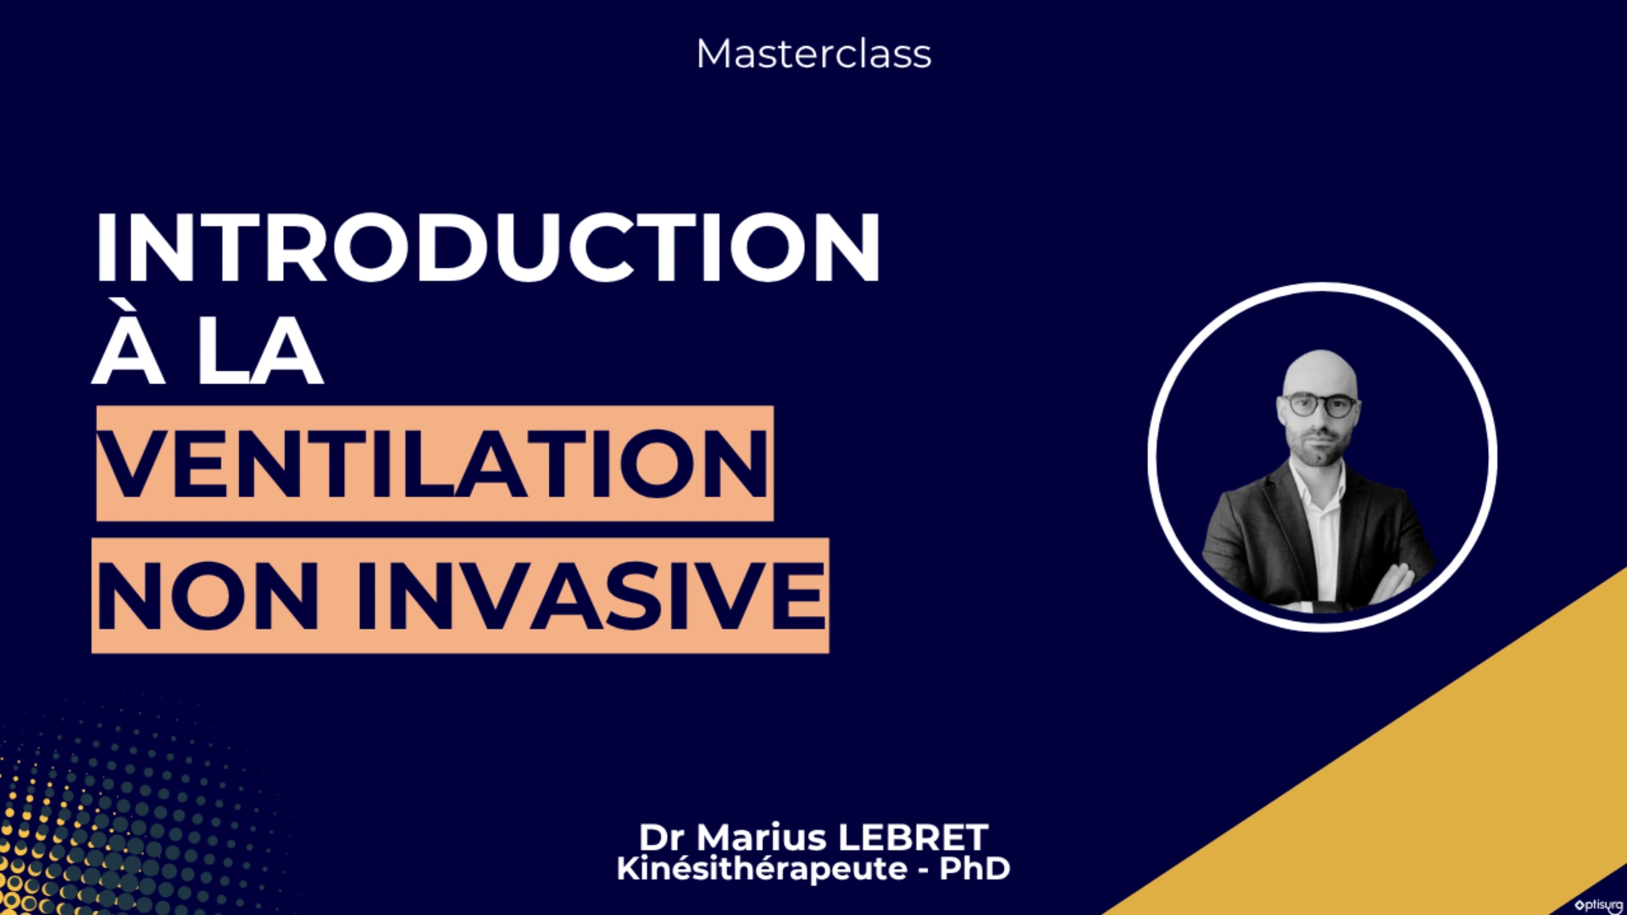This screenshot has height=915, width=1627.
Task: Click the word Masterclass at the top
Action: [x=813, y=53]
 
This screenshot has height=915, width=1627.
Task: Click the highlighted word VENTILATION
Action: [x=433, y=463]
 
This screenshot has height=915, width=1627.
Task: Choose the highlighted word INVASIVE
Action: [x=591, y=596]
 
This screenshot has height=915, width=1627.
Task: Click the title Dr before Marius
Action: [x=661, y=837]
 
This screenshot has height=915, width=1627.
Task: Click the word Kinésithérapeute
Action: [x=762, y=869]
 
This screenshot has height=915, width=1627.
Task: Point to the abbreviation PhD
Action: [x=975, y=868]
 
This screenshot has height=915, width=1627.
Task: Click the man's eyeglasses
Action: [x=1320, y=405]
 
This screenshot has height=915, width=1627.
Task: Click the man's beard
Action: [x=1319, y=447]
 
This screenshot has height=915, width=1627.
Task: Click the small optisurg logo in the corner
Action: [x=1598, y=905]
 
